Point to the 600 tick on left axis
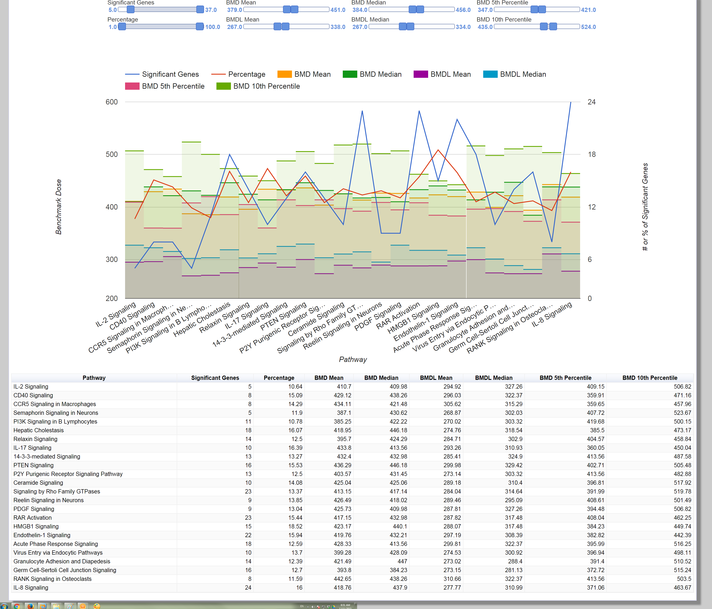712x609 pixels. pyautogui.click(x=112, y=102)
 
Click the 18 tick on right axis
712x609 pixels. pyautogui.click(x=591, y=155)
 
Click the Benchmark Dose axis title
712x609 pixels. pyautogui.click(x=59, y=207)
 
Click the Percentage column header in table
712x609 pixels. pyautogui.click(x=279, y=378)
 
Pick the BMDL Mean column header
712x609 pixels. pyautogui.click(x=436, y=378)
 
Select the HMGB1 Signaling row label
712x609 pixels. pyautogui.click(x=36, y=526)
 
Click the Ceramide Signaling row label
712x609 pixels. pyautogui.click(x=38, y=483)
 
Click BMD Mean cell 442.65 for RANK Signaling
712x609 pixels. pyautogui.click(x=342, y=579)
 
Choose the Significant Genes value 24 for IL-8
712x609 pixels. pyautogui.click(x=248, y=587)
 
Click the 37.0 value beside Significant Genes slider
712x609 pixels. pyautogui.click(x=211, y=10)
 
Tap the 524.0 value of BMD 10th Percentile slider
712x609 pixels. pyautogui.click(x=588, y=27)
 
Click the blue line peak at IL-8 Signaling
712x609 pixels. pyautogui.click(x=571, y=102)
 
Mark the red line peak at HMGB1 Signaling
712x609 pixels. pyautogui.click(x=438, y=150)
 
